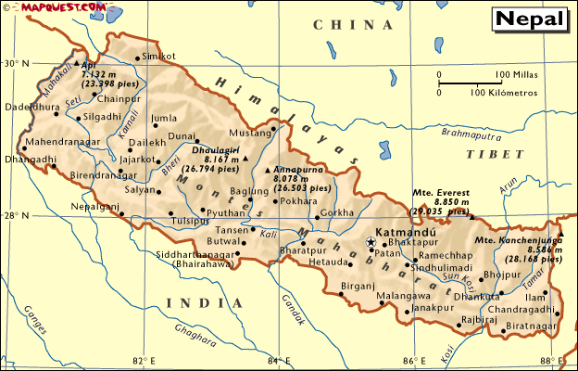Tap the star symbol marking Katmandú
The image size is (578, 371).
(x=371, y=242)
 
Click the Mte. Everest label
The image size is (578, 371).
(x=441, y=193)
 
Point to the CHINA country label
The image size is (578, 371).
(x=343, y=25)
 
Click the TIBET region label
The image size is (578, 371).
(x=489, y=154)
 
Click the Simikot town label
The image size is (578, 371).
(x=159, y=57)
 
